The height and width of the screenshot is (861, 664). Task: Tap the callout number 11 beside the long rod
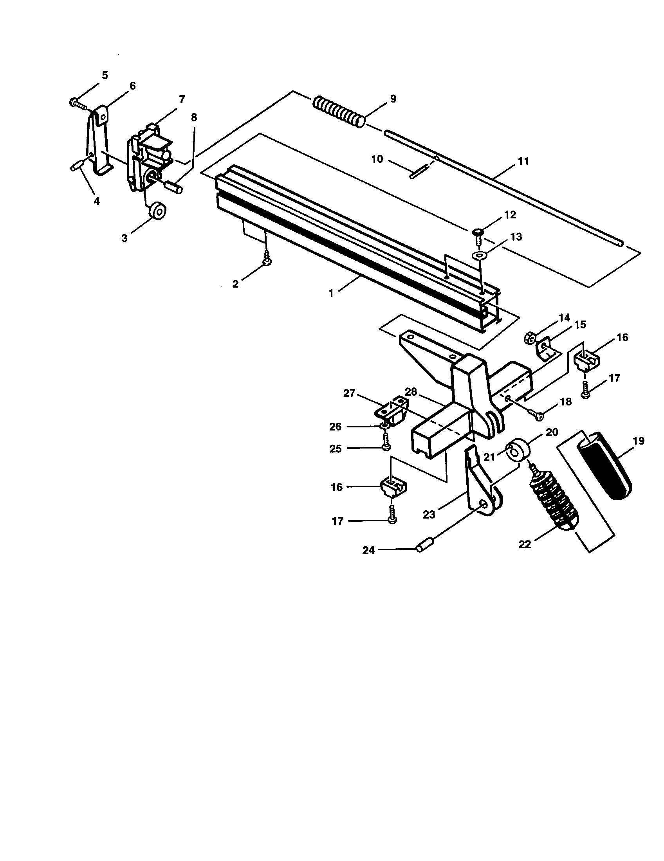pyautogui.click(x=523, y=161)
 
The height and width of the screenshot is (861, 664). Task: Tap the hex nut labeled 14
pyautogui.click(x=530, y=338)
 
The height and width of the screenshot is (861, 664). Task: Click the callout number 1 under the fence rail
pyautogui.click(x=331, y=294)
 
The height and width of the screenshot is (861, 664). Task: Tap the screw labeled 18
pyautogui.click(x=536, y=414)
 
